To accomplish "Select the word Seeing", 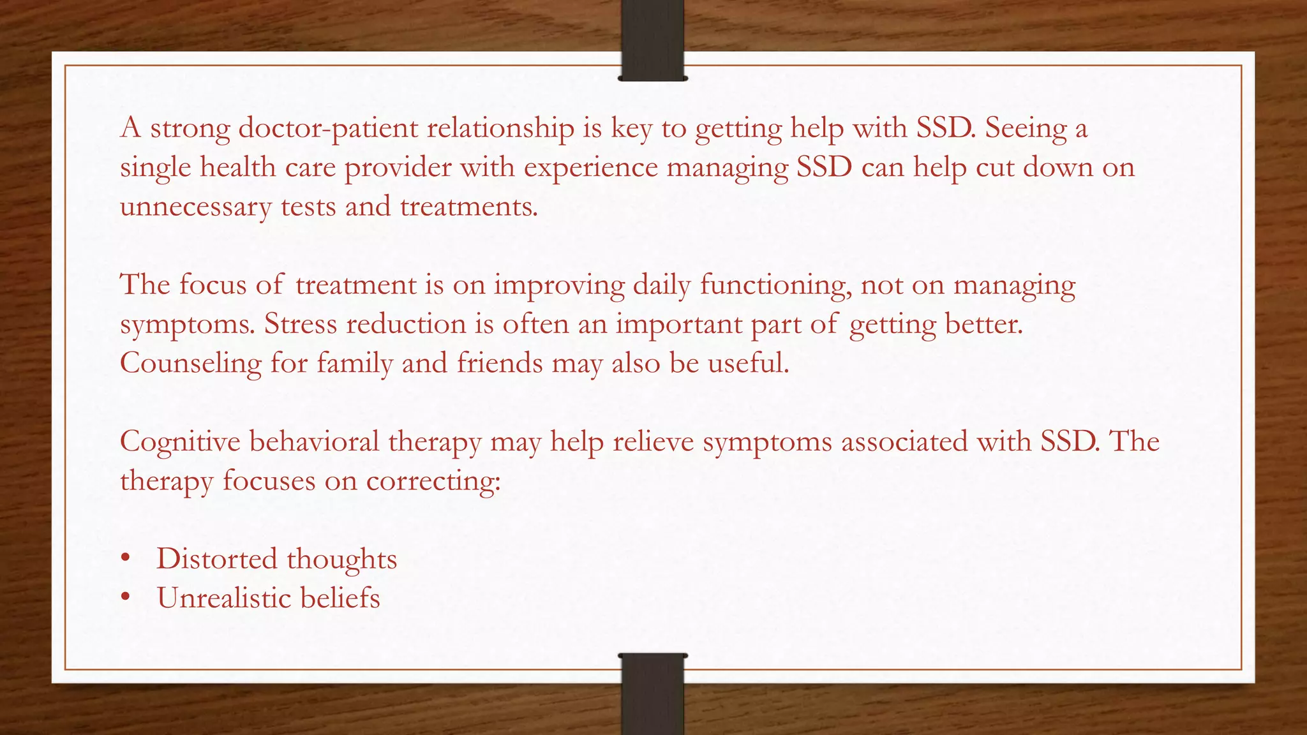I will (1026, 128).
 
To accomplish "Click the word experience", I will (591, 168).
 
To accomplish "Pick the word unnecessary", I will (196, 207).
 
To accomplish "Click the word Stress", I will (301, 324).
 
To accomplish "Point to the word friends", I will (500, 363).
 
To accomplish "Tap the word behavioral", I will (314, 442).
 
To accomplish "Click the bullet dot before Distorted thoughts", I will (126, 559).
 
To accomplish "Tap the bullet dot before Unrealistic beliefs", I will (126, 598).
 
